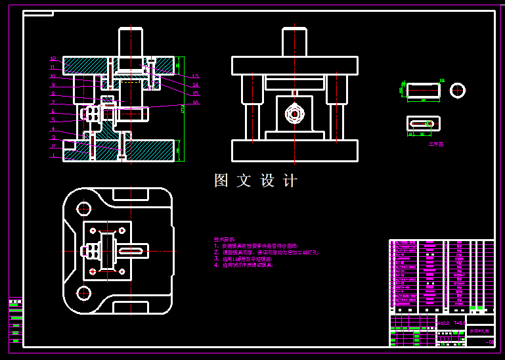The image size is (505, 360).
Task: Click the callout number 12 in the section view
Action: point(53,59)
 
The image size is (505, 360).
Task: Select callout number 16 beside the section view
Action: point(195,103)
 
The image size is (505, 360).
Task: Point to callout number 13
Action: point(195,77)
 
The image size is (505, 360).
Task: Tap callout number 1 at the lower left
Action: point(53,156)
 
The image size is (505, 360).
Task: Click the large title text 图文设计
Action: point(256,181)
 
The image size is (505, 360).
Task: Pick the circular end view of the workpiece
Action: point(458,90)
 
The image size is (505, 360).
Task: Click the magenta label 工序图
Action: point(436,144)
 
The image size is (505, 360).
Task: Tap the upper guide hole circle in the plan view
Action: point(83,209)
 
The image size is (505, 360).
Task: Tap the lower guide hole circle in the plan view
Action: point(83,293)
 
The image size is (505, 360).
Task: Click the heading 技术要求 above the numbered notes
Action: point(224,240)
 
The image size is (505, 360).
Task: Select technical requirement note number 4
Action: point(243,265)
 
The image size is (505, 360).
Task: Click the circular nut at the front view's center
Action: point(294,114)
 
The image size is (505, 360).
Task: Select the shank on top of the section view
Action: point(131,42)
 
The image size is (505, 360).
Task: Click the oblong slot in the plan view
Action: point(131,251)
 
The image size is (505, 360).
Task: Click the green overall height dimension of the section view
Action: point(183,108)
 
